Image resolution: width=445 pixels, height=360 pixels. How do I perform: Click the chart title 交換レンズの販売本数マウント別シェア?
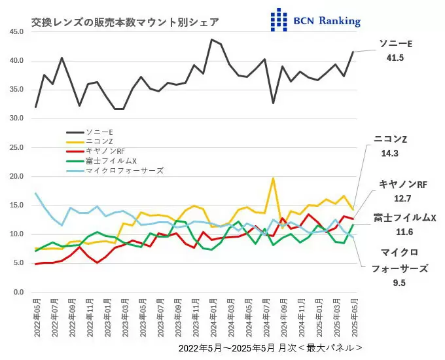pyautogui.click(x=125, y=22)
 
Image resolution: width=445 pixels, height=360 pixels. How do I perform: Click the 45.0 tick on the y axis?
pyautogui.click(x=16, y=31)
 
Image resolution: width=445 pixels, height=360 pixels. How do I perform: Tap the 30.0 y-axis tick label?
pyautogui.click(x=16, y=118)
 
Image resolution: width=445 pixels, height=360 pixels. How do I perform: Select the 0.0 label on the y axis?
pyautogui.click(x=18, y=292)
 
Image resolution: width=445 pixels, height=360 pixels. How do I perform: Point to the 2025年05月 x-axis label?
pyautogui.click(x=354, y=317)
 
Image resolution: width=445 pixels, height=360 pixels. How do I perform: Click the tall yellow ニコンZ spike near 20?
pyautogui.click(x=273, y=179)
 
